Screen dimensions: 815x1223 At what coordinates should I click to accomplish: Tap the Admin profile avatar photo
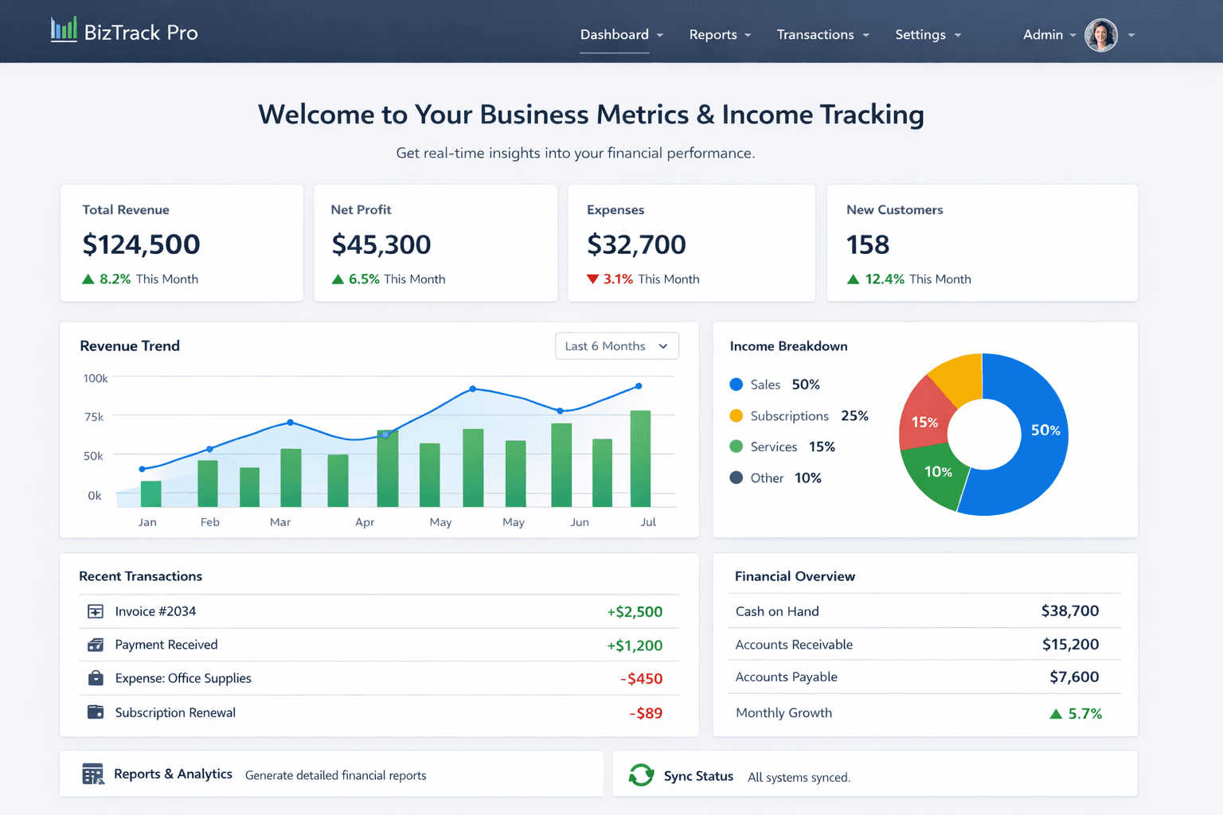point(1101,35)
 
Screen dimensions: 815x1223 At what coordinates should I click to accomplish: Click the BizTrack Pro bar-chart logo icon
point(64,30)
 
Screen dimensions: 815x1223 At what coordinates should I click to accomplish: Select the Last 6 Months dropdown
point(616,346)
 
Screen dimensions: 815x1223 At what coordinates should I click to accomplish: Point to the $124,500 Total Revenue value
point(141,245)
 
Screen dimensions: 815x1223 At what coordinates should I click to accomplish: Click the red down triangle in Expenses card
point(592,279)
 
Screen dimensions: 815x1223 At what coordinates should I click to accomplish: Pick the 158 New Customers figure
point(867,245)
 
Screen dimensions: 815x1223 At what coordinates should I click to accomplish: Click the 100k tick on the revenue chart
point(96,379)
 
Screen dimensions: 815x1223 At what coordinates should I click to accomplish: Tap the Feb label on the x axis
point(210,522)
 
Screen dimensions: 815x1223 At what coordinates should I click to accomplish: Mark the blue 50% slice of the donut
point(1035,446)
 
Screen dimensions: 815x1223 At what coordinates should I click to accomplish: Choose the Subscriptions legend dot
point(737,416)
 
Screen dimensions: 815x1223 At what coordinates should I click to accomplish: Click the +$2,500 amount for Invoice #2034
point(635,612)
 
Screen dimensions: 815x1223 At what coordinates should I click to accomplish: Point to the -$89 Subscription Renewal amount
point(646,713)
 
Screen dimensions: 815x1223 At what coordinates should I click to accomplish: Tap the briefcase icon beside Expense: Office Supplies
point(96,678)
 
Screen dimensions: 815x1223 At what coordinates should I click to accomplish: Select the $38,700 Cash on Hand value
point(1069,611)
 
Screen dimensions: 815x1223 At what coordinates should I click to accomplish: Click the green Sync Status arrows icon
point(641,775)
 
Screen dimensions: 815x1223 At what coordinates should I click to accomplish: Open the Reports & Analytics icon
point(93,774)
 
